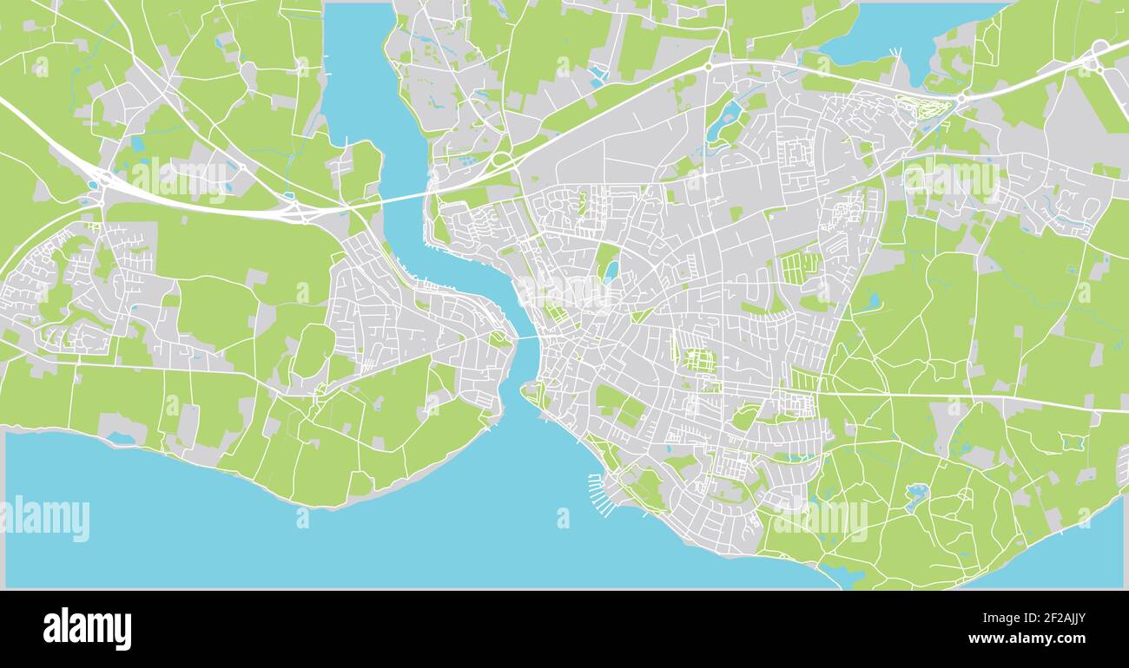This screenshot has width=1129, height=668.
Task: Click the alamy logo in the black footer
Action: tap(87, 629)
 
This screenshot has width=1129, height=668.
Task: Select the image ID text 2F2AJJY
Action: tap(1040, 619)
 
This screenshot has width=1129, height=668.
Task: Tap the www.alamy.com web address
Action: tap(1027, 639)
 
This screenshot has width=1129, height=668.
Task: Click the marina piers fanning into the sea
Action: tap(600, 493)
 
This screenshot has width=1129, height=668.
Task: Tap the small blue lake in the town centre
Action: tap(611, 272)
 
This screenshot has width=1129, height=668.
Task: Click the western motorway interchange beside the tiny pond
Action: tap(103, 180)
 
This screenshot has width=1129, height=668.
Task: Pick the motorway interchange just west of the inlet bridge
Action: tap(295, 209)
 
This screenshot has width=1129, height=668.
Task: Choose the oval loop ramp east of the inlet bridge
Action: tap(501, 160)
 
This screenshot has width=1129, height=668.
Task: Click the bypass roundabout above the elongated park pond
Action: tap(708, 66)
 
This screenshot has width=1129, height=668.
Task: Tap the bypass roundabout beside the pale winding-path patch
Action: tap(961, 101)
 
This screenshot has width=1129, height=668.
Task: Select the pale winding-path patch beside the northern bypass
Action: tap(923, 108)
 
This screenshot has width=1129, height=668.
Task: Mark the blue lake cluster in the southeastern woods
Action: tap(915, 495)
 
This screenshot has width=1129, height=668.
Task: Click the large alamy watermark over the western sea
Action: tap(45, 518)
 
